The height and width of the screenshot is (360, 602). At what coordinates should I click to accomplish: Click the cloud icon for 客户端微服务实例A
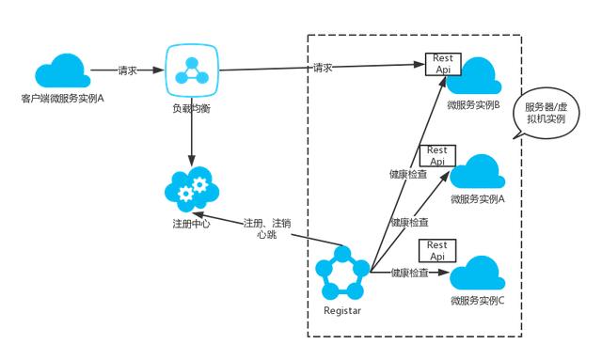(61, 70)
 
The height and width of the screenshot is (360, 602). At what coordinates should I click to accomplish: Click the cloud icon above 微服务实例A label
(477, 172)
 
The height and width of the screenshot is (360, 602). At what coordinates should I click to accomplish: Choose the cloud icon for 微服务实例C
(477, 274)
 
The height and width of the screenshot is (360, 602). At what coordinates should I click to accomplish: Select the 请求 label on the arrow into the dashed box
(323, 67)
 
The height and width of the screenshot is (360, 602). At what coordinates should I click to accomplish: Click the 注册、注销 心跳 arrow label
(266, 228)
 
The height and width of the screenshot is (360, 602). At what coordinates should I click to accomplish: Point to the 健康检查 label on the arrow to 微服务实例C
(411, 273)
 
